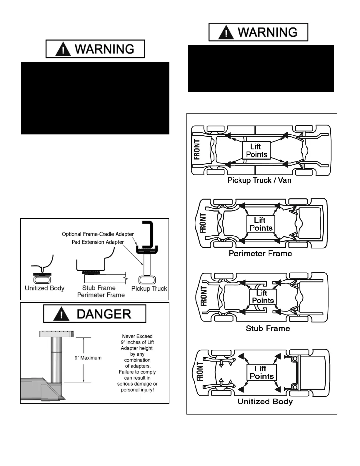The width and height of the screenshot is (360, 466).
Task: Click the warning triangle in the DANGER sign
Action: point(61,314)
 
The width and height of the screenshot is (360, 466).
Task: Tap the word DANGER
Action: point(104,314)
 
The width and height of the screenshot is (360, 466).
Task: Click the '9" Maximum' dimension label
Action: point(88,358)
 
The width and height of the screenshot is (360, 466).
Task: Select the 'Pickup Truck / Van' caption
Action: point(259,180)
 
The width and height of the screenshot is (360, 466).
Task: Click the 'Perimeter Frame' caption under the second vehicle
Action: point(260,253)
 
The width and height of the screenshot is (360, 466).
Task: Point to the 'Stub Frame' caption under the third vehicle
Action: point(268,328)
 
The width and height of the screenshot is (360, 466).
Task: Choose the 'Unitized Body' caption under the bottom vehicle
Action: point(265,402)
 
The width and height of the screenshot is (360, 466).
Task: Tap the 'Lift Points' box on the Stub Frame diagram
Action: point(263,297)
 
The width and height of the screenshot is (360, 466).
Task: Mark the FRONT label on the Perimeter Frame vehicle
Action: point(203,223)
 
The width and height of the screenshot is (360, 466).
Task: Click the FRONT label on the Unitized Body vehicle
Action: point(200,372)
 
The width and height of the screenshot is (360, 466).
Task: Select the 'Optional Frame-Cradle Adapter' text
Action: point(98,234)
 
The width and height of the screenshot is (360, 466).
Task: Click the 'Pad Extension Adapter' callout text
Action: point(98,242)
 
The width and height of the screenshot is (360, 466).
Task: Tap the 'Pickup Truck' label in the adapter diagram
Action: point(149,288)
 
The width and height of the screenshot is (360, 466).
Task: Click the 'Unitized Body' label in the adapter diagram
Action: point(44,288)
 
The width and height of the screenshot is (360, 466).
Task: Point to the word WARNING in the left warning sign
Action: point(105,49)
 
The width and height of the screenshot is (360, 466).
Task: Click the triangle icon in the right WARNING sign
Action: point(226,32)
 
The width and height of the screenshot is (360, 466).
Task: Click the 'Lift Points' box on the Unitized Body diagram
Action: point(262,372)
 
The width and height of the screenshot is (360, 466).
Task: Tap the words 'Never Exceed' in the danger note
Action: point(137,336)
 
